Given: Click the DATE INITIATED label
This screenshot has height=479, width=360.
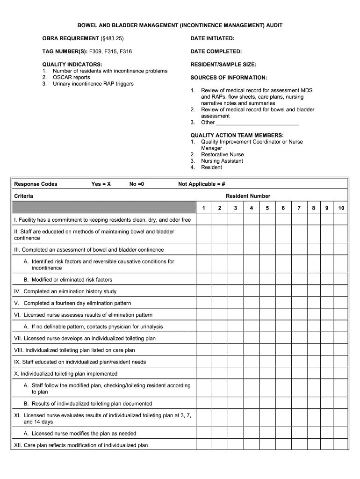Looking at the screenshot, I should coord(212,38).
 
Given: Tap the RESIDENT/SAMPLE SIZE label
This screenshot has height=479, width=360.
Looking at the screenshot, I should coord(223,65).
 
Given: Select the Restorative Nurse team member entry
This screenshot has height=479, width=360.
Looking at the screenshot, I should coord(222,154).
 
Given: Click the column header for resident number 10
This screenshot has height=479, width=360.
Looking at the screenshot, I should coord(341,208).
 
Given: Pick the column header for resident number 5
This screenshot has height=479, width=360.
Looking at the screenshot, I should coord(267,208).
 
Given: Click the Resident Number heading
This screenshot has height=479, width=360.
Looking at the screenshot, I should coord(248,196).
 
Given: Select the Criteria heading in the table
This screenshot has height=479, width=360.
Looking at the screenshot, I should coord(23,196).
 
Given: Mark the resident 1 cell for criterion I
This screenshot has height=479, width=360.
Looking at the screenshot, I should coord(203,220).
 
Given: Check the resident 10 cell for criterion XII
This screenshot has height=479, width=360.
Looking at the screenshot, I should coord(341,445).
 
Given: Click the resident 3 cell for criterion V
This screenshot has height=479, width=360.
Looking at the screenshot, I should coord(236,303).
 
